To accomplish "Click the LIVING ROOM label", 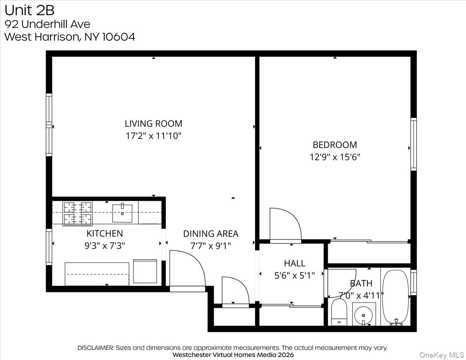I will pyautogui.click(x=153, y=124).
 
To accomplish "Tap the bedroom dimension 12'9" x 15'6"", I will pyautogui.click(x=334, y=157).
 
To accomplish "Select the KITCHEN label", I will pyautogui.click(x=104, y=233).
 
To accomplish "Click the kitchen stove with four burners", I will pyautogui.click(x=78, y=214).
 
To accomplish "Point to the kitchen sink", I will pyautogui.click(x=122, y=212).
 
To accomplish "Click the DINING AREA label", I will pyautogui.click(x=210, y=234).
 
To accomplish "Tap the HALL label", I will pyautogui.click(x=294, y=264).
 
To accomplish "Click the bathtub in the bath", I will pyautogui.click(x=395, y=297).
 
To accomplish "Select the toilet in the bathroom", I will pyautogui.click(x=339, y=312).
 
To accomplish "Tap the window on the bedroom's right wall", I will pyautogui.click(x=414, y=144).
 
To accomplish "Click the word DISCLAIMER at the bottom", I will pyautogui.click(x=96, y=348).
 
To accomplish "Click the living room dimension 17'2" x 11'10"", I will pyautogui.click(x=153, y=136).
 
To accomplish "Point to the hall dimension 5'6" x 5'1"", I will pyautogui.click(x=294, y=275).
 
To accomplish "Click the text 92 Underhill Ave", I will pyautogui.click(x=47, y=24).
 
